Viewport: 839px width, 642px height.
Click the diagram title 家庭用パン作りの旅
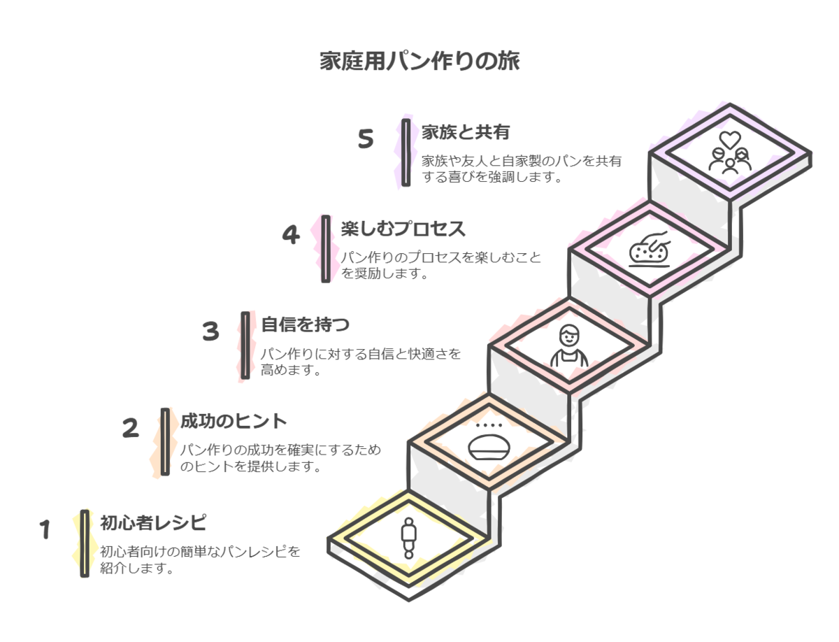419,62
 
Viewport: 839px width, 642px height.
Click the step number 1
45,530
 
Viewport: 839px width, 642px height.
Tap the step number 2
130,428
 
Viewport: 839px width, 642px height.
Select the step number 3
210,331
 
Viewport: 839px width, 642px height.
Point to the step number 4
290,235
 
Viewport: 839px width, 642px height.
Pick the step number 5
366,139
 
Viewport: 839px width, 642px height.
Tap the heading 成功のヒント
234,421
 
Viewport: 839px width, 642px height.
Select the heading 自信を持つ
305,324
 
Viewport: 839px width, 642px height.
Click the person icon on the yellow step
408,537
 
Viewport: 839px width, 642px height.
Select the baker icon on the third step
568,345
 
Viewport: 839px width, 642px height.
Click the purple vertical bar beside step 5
406,152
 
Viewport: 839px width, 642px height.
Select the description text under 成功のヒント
280,458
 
